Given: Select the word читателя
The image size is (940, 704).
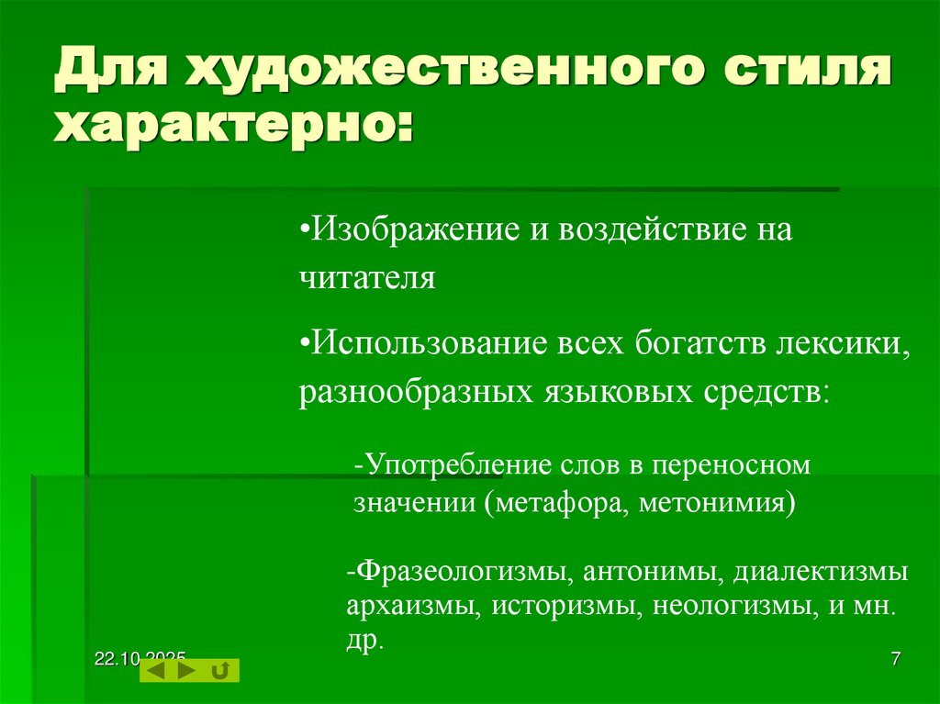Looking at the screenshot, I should [366, 277].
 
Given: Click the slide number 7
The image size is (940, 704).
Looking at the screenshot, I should [895, 659].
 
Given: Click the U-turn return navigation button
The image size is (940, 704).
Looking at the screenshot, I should [220, 671].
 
